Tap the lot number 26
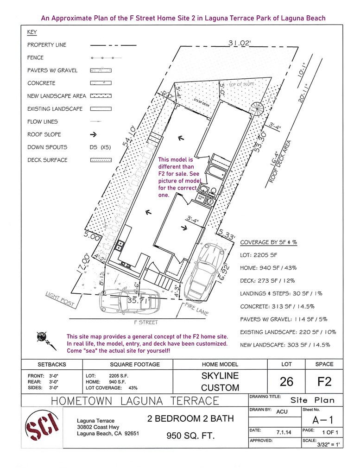tap(286, 381)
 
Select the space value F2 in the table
tap(325, 381)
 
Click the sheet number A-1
tap(323, 420)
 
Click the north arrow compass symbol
tap(42, 338)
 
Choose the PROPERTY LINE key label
tap(47, 45)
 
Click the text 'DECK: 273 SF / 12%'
tap(267, 281)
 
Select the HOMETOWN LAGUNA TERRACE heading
tap(134, 400)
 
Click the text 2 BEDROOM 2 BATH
tap(190, 419)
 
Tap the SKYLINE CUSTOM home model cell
tap(220, 381)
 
